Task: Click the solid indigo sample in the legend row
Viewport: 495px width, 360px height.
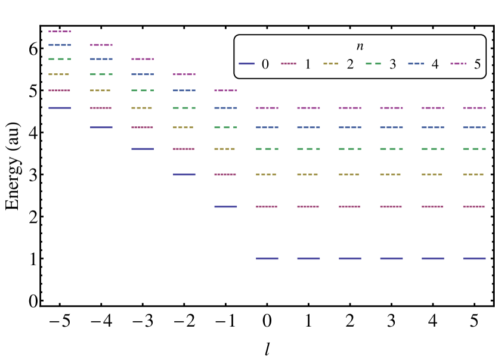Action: (x=246, y=64)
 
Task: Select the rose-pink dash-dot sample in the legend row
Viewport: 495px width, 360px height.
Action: (x=289, y=64)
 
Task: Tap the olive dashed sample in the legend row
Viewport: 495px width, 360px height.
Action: (x=330, y=64)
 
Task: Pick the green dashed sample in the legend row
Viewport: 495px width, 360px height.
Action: (x=373, y=64)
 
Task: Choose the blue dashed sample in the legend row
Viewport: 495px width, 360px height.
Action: (x=416, y=64)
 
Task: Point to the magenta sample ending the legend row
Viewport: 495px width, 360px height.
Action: (x=458, y=64)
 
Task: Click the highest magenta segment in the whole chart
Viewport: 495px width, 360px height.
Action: (x=60, y=32)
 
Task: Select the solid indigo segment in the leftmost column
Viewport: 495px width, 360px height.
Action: (x=60, y=108)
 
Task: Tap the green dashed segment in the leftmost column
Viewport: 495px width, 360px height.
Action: (x=60, y=59)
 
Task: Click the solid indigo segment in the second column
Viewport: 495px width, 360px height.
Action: (x=101, y=128)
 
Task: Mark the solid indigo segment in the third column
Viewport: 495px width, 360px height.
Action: (x=143, y=149)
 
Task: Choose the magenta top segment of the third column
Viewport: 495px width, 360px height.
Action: (x=143, y=59)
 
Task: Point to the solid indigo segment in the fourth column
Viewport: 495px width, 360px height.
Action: (x=184, y=175)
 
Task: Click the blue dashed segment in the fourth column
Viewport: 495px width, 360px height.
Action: (x=184, y=91)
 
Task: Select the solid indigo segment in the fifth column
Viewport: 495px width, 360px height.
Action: (x=225, y=207)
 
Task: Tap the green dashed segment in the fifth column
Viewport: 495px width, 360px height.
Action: (x=225, y=128)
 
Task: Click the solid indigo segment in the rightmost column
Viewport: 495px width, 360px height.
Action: (x=474, y=259)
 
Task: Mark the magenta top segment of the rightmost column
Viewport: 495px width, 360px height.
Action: (x=474, y=108)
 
